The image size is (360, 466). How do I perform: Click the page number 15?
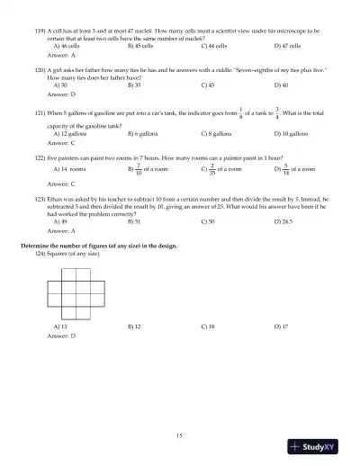[x=180, y=435]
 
